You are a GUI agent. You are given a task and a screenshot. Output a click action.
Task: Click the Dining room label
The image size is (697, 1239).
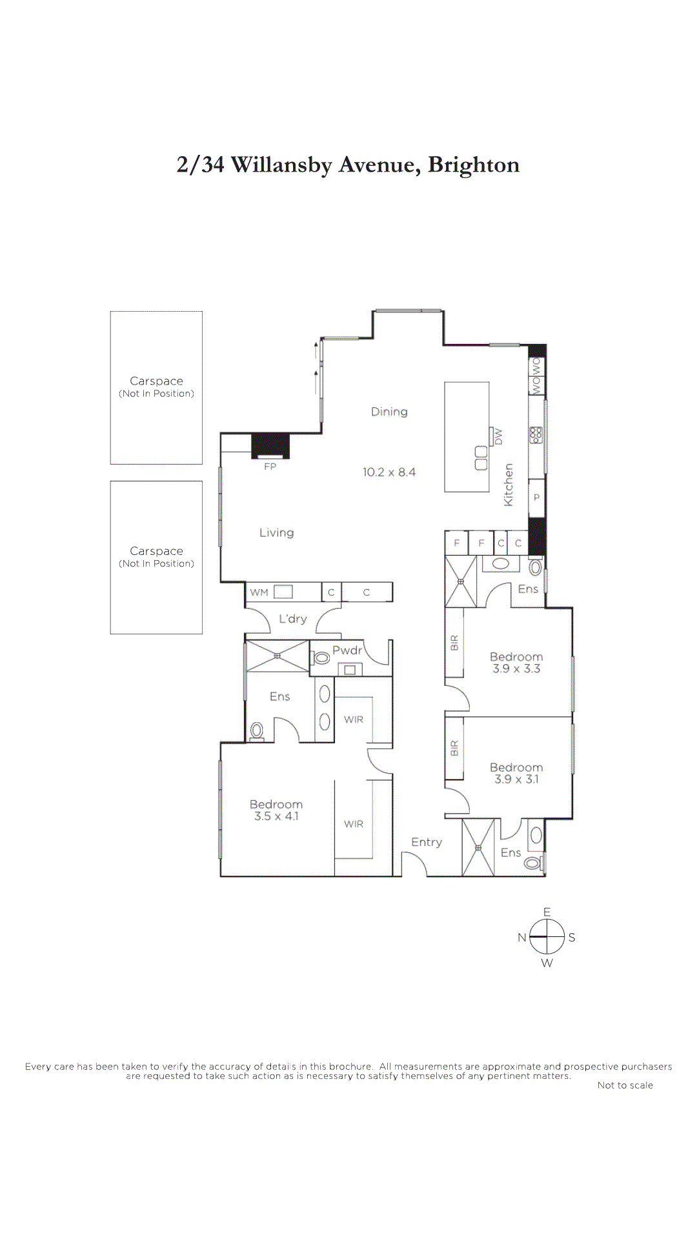point(389,412)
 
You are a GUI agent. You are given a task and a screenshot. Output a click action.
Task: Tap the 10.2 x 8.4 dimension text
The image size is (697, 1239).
point(389,472)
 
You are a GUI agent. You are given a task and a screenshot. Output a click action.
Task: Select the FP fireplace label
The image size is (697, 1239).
point(270,467)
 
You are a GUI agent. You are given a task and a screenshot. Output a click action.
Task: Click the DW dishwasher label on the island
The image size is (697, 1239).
point(498,437)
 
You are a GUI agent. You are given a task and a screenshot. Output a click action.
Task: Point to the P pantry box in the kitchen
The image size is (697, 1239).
point(536,498)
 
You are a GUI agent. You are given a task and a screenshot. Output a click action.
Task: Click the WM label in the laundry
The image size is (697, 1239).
point(259,592)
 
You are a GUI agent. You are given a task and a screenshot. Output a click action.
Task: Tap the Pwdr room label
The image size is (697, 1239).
point(347,650)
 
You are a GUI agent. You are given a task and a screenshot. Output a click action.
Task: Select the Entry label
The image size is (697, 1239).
point(427,842)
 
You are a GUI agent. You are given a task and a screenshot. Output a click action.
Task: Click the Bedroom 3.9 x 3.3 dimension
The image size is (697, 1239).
point(516,669)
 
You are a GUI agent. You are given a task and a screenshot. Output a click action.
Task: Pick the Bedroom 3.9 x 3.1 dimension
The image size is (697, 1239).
point(516,780)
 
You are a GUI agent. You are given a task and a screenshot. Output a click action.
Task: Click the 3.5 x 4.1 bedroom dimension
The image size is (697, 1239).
point(276,816)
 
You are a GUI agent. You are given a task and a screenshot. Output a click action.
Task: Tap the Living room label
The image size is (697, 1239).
point(276,533)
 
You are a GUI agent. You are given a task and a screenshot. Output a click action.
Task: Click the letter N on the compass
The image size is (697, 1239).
point(521,938)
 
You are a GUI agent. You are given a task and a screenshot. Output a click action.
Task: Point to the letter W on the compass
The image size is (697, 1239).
point(547,963)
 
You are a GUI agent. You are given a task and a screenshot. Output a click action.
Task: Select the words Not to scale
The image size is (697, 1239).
point(625,1085)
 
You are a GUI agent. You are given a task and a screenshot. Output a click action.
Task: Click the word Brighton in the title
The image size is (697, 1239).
point(473,165)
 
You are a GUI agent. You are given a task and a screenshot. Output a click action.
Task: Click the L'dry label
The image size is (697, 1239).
point(292,619)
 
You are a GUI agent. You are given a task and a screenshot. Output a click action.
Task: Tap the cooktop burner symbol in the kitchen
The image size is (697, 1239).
point(536,435)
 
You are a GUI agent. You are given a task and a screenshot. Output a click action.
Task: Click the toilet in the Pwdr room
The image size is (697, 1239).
point(321,658)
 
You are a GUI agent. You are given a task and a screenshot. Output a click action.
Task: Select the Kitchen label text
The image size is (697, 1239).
point(509,485)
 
